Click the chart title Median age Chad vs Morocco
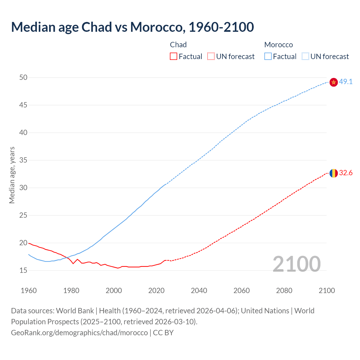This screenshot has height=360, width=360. tap(132, 27)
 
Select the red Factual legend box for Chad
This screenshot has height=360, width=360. tap(174, 57)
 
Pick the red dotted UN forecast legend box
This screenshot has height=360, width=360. tap(211, 57)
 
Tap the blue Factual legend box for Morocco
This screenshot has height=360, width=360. tap(268, 57)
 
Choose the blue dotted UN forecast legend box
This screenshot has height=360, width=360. tap(305, 57)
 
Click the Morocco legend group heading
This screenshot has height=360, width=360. tap(278, 45)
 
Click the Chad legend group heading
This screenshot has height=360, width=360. tap(178, 45)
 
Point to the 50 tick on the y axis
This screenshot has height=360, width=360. tap(23, 77)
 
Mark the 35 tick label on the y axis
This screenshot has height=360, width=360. tap(23, 160)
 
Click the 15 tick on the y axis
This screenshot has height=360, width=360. tap(23, 271)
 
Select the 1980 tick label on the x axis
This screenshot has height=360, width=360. tap(71, 291)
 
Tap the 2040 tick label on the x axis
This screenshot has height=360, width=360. tap(199, 291)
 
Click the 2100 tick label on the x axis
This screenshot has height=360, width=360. tap(327, 291)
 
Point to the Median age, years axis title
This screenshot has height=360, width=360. tap(12, 175)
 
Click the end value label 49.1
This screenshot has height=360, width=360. tap(346, 82)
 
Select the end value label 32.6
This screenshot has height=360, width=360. tap(346, 173)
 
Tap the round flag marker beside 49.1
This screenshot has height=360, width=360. tap(334, 82)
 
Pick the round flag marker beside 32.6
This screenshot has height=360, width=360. tap(334, 173)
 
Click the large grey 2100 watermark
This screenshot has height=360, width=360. tap(297, 264)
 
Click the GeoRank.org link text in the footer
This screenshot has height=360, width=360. tap(79, 333)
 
